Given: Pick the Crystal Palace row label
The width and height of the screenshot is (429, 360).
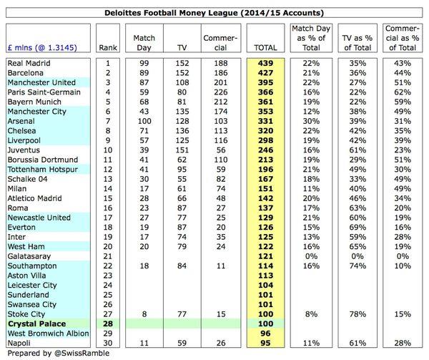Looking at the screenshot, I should coord(34,323).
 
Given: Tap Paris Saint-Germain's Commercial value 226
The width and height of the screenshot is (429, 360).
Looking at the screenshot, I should coord(214,92).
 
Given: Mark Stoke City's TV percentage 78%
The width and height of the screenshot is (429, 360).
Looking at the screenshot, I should coord(356,313).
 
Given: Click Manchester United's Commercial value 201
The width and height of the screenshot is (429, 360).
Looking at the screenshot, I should coord(214,82).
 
